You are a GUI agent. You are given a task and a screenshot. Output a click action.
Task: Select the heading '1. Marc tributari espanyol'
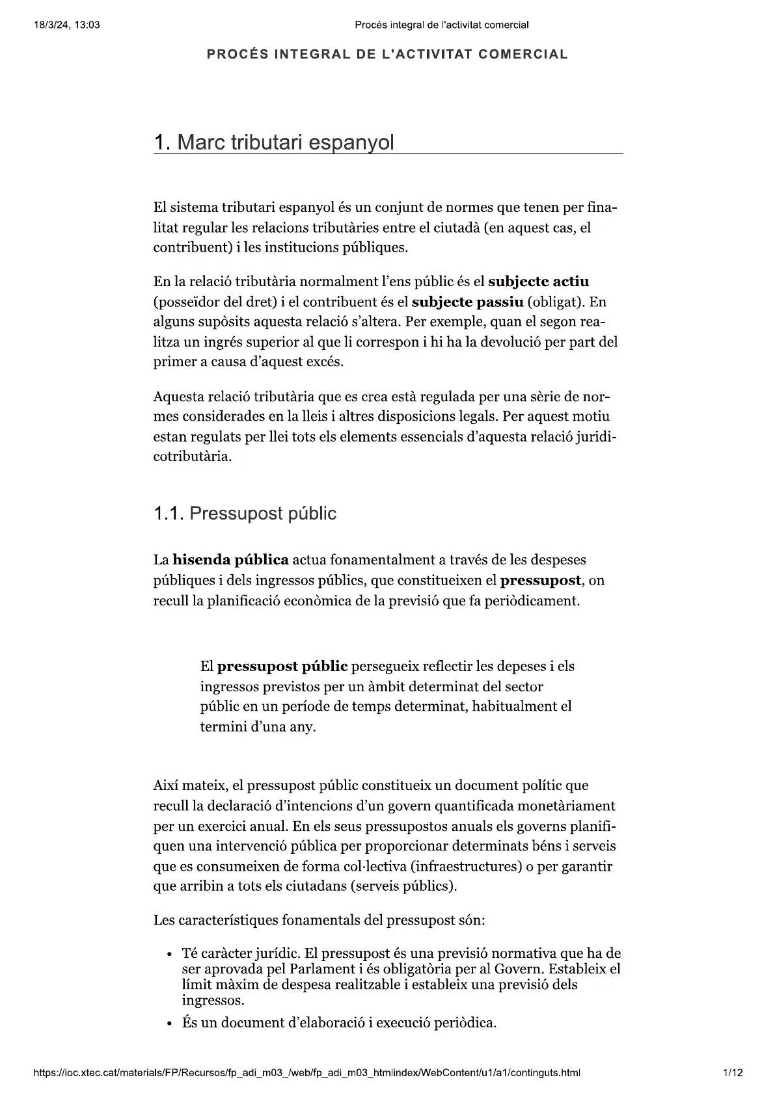point(273,142)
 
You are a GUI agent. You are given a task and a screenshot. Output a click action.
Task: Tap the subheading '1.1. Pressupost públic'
point(245,514)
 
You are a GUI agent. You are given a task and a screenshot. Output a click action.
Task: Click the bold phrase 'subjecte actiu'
point(538,282)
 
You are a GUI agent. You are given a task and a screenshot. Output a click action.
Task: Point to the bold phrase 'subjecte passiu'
point(468,302)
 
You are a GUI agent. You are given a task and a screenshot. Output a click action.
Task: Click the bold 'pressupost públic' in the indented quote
point(282,666)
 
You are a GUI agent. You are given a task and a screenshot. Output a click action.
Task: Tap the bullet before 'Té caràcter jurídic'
point(169,955)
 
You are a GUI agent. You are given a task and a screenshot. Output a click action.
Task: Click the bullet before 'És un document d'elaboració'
point(169,1023)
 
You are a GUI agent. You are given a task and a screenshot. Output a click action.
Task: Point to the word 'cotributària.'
point(193,456)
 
